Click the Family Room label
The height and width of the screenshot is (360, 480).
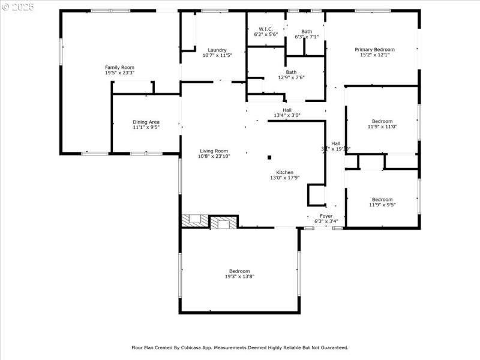tap(120, 67)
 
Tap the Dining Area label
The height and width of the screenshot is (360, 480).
tap(146, 122)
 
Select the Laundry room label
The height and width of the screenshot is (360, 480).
tap(217, 50)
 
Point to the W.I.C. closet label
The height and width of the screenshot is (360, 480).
tap(266, 29)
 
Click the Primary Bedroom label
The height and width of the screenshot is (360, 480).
tap(374, 49)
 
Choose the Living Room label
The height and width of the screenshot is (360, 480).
tap(214, 151)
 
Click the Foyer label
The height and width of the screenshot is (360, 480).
tap(326, 215)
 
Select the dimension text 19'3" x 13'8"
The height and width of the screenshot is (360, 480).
tap(239, 277)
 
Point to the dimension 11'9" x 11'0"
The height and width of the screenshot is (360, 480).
tap(382, 127)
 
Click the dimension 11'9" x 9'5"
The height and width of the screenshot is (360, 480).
tap(382, 205)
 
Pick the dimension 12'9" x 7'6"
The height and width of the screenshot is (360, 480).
tap(291, 77)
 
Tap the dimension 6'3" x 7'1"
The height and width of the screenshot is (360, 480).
tap(307, 37)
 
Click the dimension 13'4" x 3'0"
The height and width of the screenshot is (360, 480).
tap(287, 115)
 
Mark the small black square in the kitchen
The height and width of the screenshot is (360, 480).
tap(269, 157)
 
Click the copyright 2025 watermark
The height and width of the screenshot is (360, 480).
tap(18, 6)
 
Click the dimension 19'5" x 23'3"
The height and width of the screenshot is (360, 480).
tap(120, 73)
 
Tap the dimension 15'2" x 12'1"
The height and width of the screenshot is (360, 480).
tap(374, 55)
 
